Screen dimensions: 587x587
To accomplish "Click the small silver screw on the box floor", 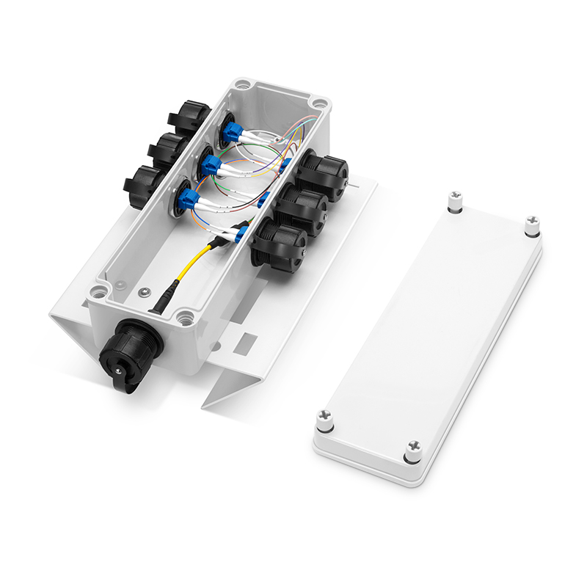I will tap(145, 293).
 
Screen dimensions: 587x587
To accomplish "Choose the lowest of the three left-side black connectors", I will tap(145, 182).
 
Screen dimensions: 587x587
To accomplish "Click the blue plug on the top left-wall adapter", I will tap(233, 131).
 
